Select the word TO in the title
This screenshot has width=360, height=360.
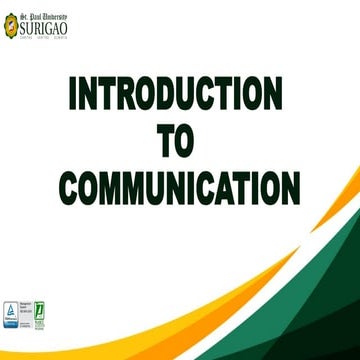click(177, 141)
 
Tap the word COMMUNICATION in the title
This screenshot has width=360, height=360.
click(179, 186)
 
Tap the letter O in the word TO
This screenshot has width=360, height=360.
click(190, 141)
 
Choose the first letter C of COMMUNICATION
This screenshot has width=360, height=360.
click(69, 186)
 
